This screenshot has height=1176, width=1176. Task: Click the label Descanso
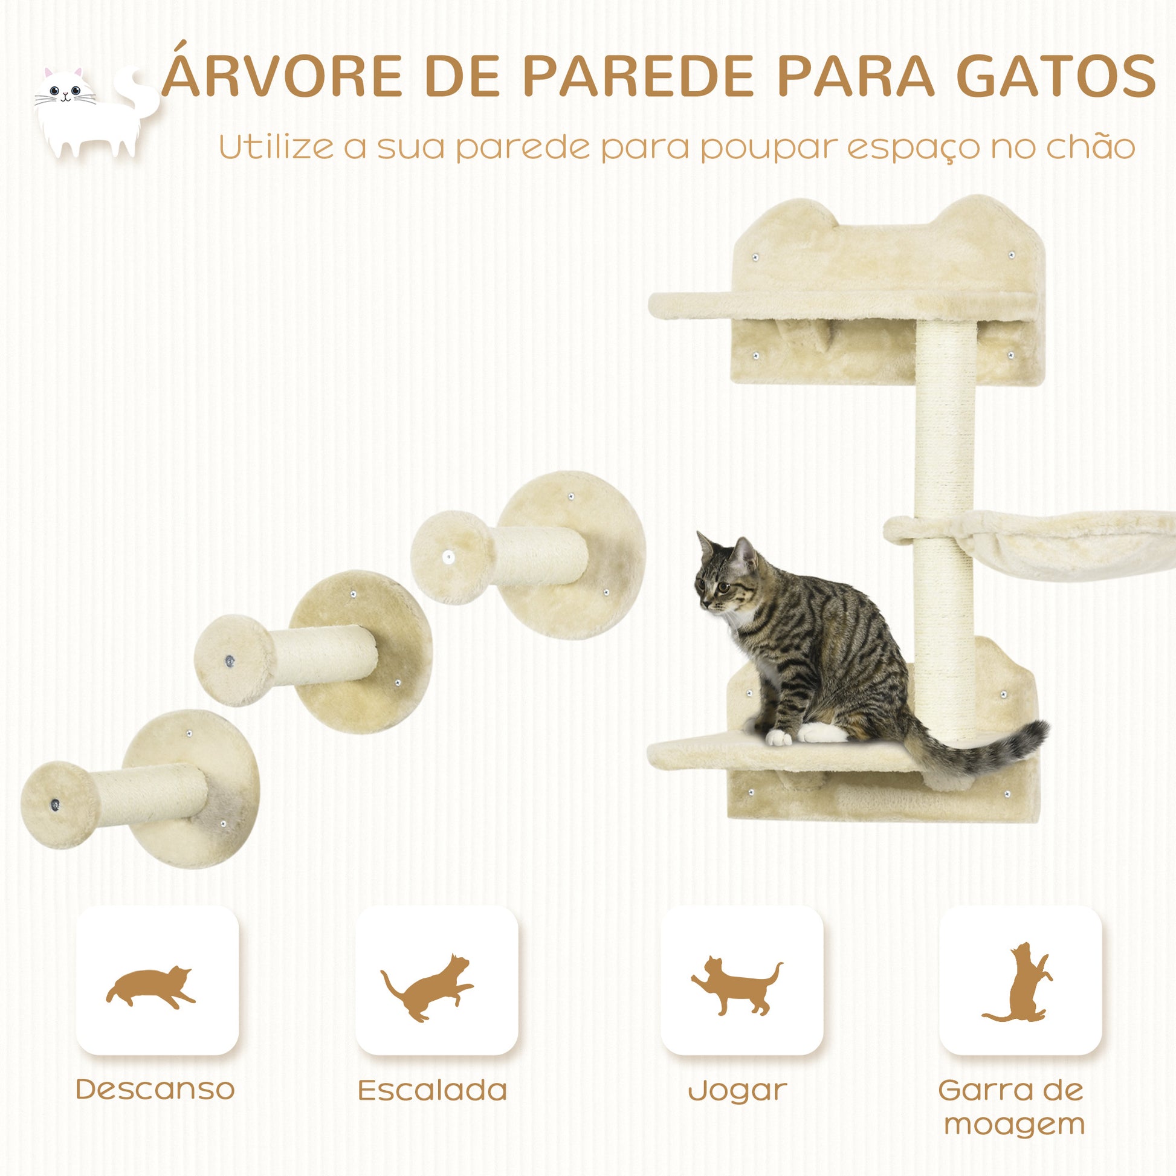coord(155,1089)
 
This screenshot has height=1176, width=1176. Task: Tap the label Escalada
coord(432,1090)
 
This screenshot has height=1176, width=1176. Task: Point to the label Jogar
coord(737,1091)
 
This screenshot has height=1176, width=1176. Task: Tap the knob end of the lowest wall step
coord(59,805)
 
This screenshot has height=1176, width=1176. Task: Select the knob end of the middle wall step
coord(234,660)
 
